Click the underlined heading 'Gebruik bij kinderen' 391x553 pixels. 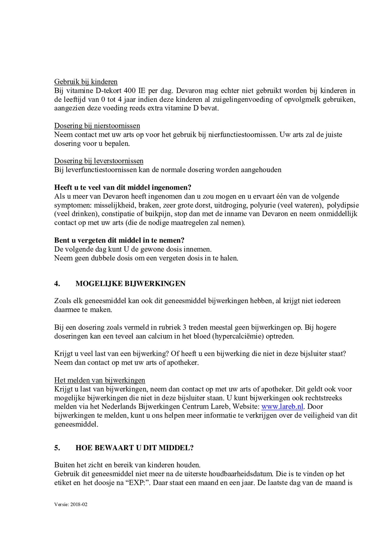coord(86,82)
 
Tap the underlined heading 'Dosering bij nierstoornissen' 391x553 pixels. coord(97,126)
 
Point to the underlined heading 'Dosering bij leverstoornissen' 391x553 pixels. coord(99,161)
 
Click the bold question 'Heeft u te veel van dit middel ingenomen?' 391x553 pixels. coord(122,187)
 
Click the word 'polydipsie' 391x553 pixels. coord(343,205)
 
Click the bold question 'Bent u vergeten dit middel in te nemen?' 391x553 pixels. coord(119,240)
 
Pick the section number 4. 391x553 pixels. coord(57,284)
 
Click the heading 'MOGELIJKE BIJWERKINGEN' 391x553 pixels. coord(130,284)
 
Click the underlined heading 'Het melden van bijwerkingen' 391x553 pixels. coord(99,380)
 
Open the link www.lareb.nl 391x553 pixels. coord(282,407)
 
